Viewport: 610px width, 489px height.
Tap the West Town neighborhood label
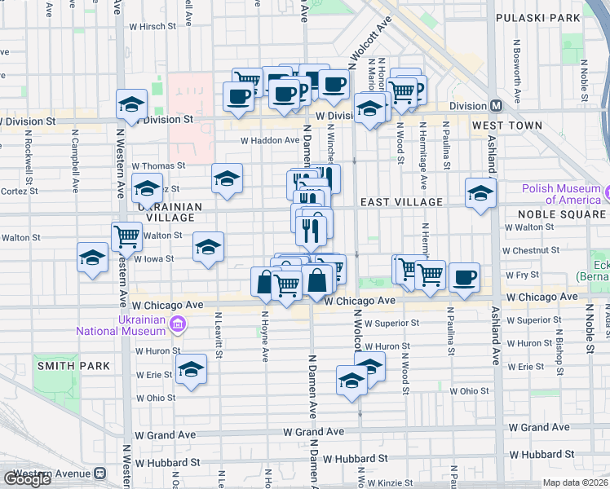tap(506, 126)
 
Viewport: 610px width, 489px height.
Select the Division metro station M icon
tap(496, 106)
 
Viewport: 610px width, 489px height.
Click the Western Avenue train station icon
tap(100, 474)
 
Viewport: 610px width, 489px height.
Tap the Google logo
tap(27, 479)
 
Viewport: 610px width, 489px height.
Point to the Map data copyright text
tap(575, 482)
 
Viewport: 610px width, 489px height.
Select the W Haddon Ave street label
tap(270, 140)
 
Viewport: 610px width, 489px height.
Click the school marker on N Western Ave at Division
tap(131, 104)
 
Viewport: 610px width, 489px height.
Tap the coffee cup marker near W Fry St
tap(464, 277)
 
